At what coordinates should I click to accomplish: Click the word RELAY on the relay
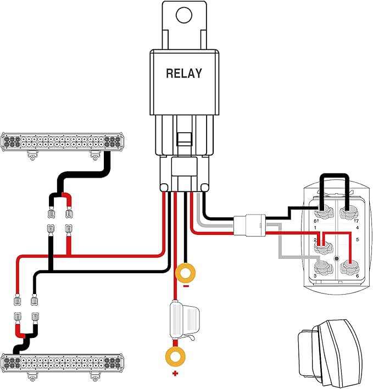pyautogui.click(x=184, y=74)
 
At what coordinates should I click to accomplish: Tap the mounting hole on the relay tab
pyautogui.click(x=184, y=15)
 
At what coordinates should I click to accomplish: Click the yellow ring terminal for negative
pyautogui.click(x=185, y=273)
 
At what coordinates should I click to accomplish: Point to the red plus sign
pyautogui.click(x=175, y=374)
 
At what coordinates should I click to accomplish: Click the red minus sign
pyautogui.click(x=186, y=286)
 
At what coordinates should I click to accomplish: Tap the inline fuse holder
pyautogui.click(x=184, y=320)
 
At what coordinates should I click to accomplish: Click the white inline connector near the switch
pyautogui.click(x=249, y=225)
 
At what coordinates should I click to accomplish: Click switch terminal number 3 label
pyautogui.click(x=315, y=276)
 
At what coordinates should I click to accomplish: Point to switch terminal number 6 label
pyautogui.click(x=358, y=276)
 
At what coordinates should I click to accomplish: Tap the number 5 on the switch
pyautogui.click(x=358, y=240)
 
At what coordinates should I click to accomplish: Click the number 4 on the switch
pyautogui.click(x=358, y=228)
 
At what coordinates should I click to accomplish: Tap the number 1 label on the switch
pyautogui.click(x=315, y=228)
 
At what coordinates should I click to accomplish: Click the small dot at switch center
pyautogui.click(x=337, y=259)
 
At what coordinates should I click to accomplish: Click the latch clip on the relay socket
pyautogui.click(x=185, y=139)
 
